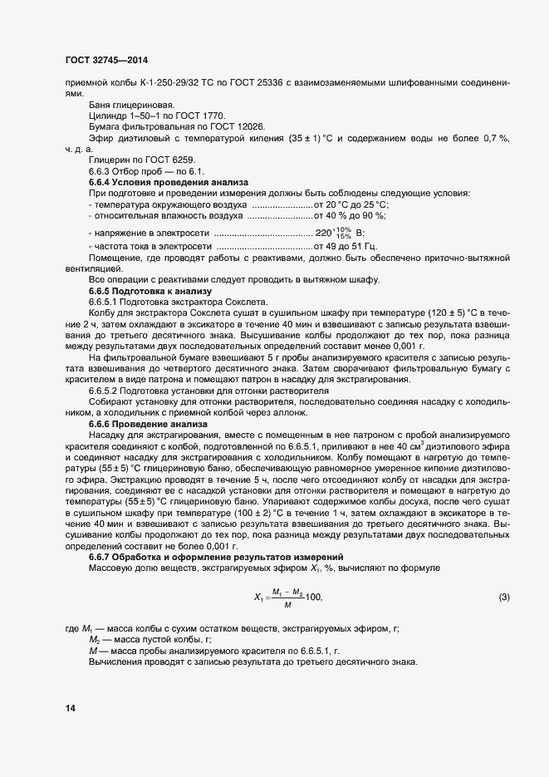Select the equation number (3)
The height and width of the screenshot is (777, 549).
pos(503,598)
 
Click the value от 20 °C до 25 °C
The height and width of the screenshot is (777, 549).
pos(351,204)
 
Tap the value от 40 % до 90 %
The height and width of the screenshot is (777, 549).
pos(352,216)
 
